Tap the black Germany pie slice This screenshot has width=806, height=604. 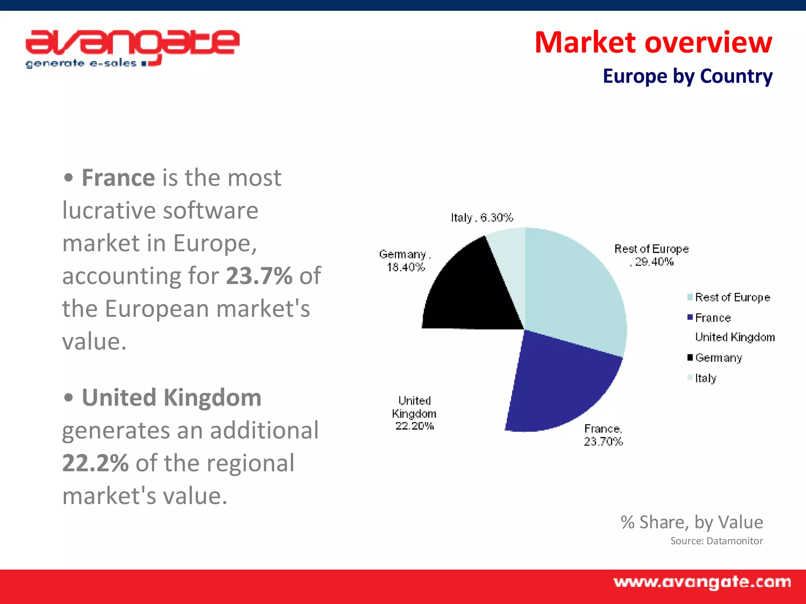coord(472,291)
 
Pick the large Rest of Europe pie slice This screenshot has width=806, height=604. coord(575,291)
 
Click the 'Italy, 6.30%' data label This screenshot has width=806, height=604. coord(482,217)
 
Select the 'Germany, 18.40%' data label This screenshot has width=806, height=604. coord(405,261)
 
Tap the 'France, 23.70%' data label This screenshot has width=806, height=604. coord(603,435)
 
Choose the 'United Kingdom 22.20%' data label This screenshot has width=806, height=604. coord(414,413)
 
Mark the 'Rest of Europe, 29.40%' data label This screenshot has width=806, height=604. coord(651,255)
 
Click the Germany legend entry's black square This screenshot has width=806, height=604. coord(690,357)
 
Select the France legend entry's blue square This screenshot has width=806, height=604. coord(690,317)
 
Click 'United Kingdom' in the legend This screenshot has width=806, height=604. coord(735,337)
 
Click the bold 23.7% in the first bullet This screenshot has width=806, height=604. coord(259,276)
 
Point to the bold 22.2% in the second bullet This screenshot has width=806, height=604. coord(95,463)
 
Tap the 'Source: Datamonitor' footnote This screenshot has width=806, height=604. coord(716,541)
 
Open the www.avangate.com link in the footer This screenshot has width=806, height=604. coord(702,582)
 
